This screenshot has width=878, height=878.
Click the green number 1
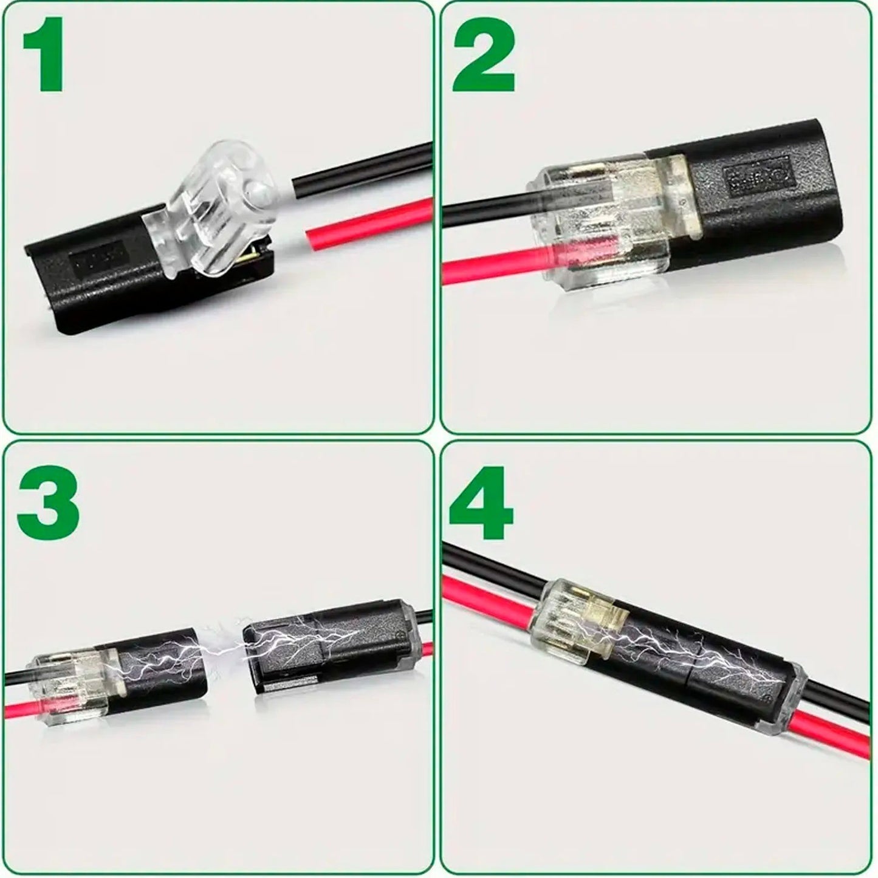click(x=46, y=55)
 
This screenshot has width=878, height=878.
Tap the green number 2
click(x=483, y=55)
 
